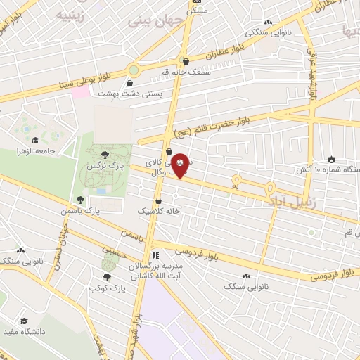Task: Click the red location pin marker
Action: (x=181, y=164)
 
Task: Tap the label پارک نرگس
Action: (x=100, y=166)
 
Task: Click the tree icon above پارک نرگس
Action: (x=105, y=155)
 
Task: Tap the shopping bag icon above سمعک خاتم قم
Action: (x=184, y=60)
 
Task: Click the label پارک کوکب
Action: (x=108, y=288)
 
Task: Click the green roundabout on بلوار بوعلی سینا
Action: (x=134, y=70)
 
